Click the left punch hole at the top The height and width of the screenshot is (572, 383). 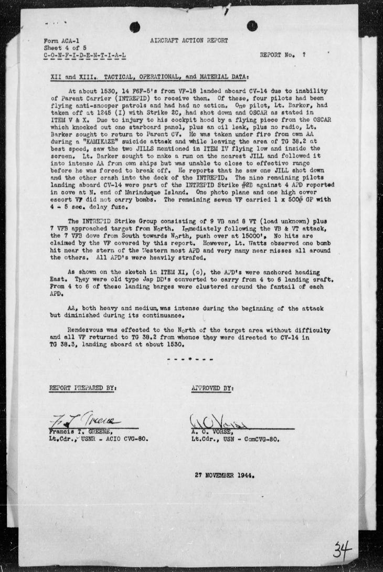tap(135, 27)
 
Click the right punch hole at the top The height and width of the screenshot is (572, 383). tap(252, 25)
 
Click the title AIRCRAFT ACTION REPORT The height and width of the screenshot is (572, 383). tap(189, 41)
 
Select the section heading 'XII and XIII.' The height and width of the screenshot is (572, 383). tap(69, 76)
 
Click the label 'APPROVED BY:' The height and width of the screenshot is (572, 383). tap(213, 388)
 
